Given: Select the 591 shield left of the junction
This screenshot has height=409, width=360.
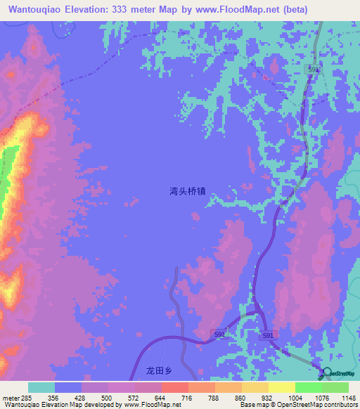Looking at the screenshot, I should [219, 335].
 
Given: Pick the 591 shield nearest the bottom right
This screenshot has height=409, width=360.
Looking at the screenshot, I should [268, 337].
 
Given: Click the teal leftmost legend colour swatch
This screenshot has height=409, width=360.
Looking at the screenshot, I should [41, 387].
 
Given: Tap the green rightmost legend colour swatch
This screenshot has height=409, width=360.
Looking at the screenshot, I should [335, 387].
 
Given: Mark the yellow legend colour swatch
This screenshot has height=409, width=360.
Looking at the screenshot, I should [281, 387].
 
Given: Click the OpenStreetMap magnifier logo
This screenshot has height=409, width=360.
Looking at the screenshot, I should [326, 372].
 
